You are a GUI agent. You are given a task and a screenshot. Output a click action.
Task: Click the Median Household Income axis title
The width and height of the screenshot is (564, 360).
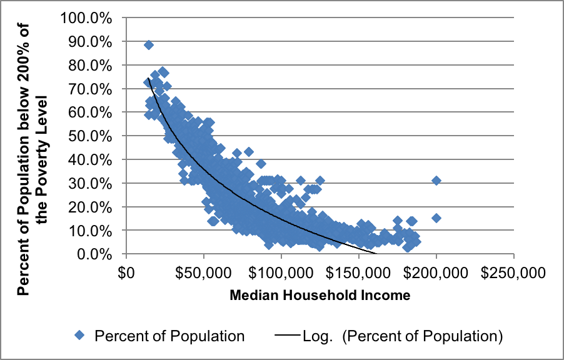point(320,295)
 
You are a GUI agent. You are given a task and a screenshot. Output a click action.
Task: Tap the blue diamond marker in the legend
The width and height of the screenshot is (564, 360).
point(79,336)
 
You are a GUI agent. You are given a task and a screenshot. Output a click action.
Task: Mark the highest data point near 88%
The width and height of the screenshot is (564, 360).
point(149,45)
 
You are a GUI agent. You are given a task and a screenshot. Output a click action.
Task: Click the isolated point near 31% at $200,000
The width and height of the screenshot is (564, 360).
point(436,181)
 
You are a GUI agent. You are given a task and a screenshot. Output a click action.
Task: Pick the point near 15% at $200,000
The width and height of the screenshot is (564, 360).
point(436,218)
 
